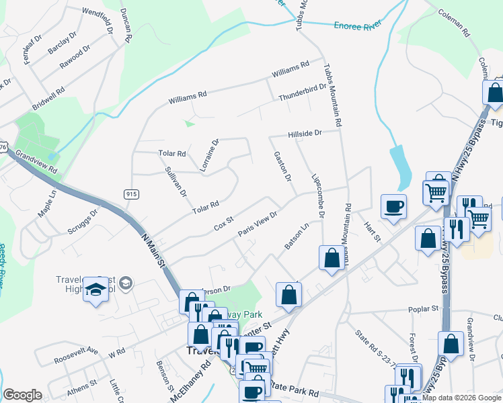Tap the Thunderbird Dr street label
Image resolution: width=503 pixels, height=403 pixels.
(x=303, y=93)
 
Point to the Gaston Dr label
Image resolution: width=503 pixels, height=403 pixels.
(x=282, y=167)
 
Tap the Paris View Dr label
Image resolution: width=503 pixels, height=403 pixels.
(x=258, y=223)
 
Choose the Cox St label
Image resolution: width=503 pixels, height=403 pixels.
(x=223, y=221)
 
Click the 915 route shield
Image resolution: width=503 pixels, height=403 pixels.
(x=131, y=193)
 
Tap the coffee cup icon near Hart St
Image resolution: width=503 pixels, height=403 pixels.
(x=393, y=206)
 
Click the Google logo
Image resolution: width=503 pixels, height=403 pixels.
(x=22, y=395)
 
